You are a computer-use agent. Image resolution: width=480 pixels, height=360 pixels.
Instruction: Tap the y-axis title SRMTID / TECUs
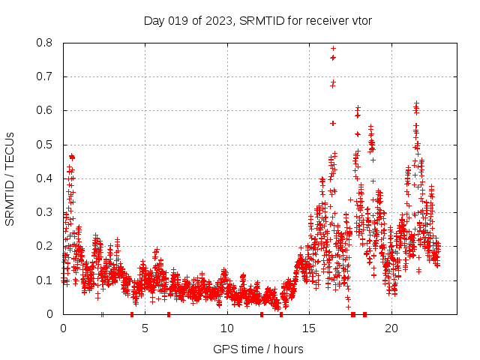click(10, 178)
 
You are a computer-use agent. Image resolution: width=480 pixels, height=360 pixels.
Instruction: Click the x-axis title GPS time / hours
click(258, 349)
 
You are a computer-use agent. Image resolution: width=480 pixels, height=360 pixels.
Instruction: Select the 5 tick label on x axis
click(145, 328)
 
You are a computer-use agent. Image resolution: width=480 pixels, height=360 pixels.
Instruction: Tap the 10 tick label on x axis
click(227, 328)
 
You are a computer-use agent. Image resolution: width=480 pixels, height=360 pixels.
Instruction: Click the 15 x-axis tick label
click(309, 328)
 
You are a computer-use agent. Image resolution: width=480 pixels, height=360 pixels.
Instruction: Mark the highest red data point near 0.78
click(333, 49)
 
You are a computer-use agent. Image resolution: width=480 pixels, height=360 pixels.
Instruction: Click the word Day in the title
click(154, 20)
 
